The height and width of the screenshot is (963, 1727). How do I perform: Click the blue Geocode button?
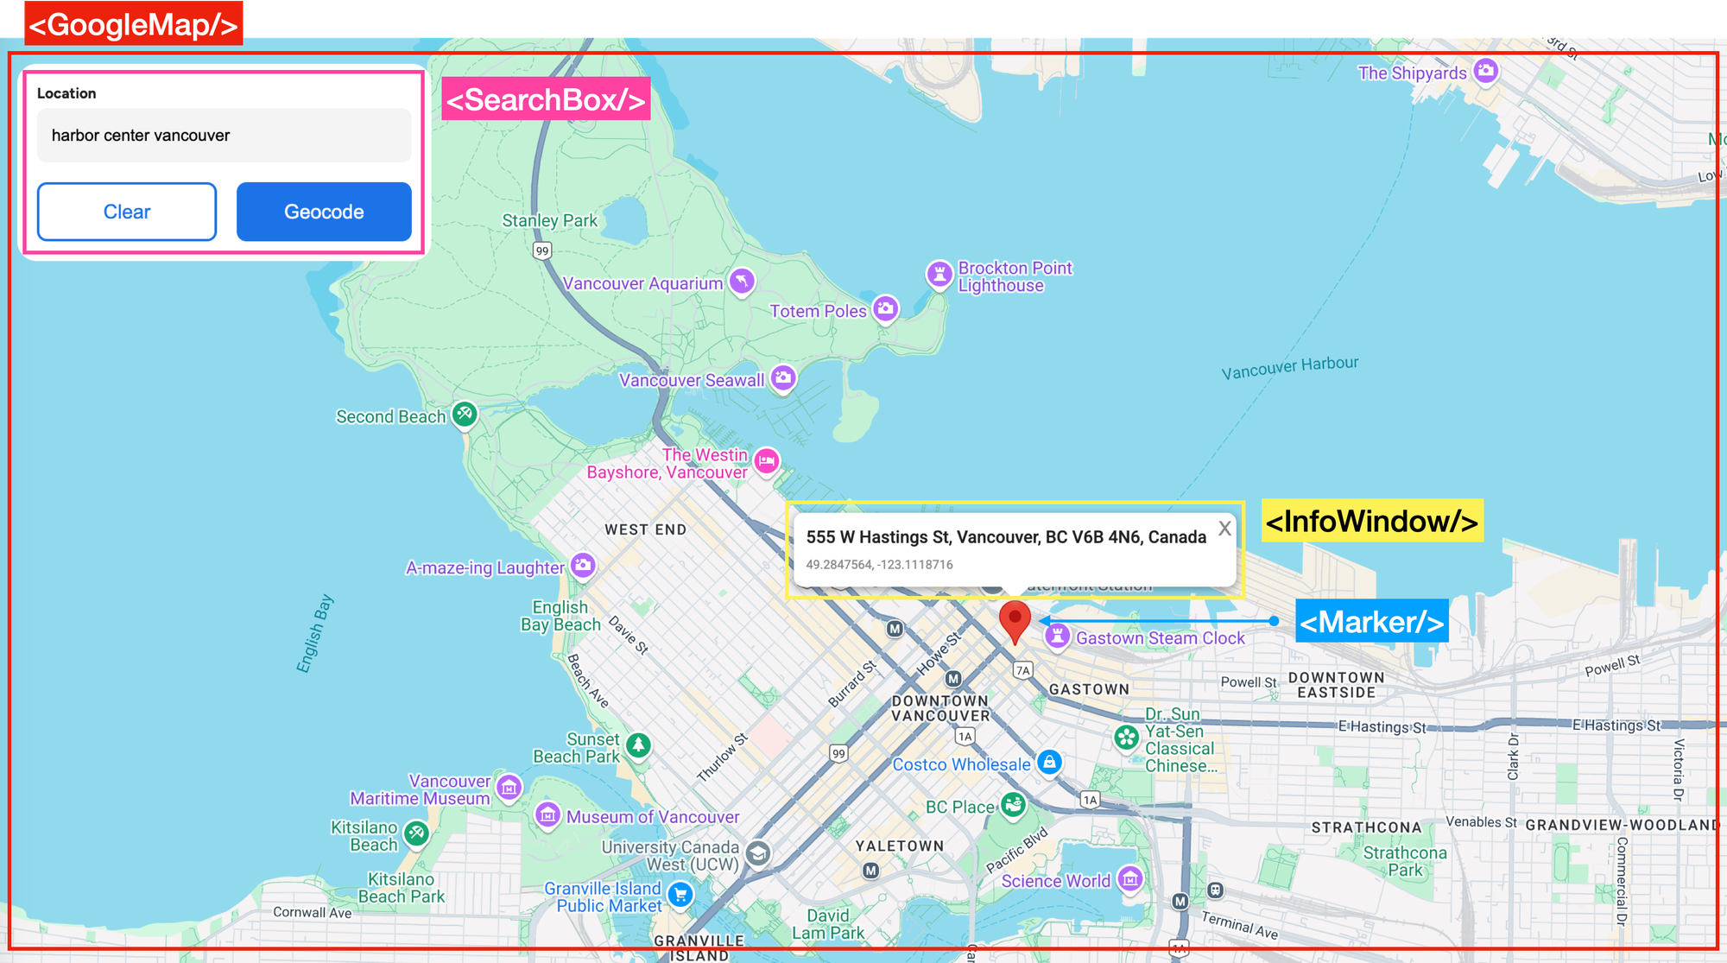point(324,212)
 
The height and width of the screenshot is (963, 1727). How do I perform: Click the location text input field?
point(224,136)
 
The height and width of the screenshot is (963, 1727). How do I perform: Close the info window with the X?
point(1224,529)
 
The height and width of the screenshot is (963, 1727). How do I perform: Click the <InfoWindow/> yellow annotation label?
point(1371,521)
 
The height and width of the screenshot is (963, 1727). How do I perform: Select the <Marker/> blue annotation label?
point(1371,622)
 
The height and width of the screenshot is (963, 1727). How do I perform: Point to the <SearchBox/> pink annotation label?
point(546,99)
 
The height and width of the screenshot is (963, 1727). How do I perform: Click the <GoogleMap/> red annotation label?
point(133,24)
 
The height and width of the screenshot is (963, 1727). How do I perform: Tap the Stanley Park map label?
point(549,221)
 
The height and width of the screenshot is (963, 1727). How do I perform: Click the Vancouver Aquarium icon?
point(742,281)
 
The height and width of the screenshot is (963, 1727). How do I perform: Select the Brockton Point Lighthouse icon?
point(939,274)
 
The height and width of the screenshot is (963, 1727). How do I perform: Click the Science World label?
point(1055,881)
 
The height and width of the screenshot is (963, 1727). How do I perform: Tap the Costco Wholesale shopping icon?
point(1049,763)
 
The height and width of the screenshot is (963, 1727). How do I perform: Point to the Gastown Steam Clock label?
point(1160,638)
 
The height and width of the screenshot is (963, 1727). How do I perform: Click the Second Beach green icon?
point(465,414)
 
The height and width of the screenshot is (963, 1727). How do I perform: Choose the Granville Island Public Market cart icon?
point(680,895)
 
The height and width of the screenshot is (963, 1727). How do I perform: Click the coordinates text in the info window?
point(879,565)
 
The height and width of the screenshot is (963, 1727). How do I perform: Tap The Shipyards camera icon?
point(1485,71)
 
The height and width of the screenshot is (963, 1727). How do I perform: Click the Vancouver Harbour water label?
point(1289,367)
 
